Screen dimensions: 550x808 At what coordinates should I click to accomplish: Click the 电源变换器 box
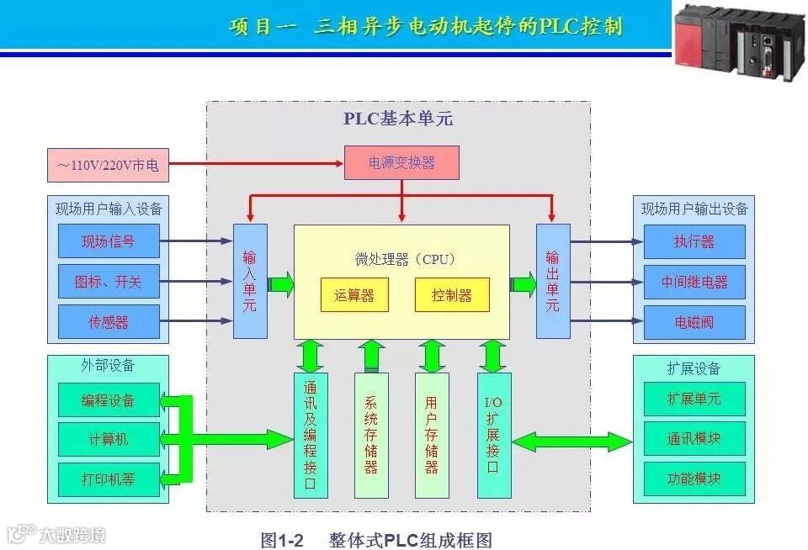(401, 162)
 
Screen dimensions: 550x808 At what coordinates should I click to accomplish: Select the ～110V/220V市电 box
(108, 166)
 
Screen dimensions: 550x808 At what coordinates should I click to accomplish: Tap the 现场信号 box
(108, 241)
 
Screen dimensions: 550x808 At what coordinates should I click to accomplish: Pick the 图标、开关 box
(108, 282)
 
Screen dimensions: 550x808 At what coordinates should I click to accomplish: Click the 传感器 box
(108, 322)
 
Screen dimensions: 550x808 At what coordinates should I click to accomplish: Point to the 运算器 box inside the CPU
(353, 295)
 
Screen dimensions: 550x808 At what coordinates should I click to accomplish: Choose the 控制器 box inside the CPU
(451, 295)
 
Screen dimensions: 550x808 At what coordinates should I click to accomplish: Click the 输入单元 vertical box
(250, 281)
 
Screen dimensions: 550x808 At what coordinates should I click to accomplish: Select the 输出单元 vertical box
(552, 281)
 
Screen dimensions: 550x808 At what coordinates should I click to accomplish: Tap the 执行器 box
(694, 241)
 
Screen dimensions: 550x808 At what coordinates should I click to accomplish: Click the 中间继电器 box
(694, 282)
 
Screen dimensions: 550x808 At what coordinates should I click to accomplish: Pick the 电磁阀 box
(694, 322)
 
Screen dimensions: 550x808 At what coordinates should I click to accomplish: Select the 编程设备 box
(108, 399)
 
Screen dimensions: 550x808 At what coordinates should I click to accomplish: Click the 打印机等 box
(108, 479)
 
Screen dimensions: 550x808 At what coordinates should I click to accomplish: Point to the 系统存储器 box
(371, 435)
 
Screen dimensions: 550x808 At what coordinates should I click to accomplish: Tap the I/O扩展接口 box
(493, 435)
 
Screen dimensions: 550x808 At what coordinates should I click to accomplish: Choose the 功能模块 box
(694, 479)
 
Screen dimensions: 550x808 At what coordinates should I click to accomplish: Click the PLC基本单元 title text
(397, 119)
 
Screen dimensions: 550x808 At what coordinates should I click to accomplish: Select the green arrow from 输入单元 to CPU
(281, 283)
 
